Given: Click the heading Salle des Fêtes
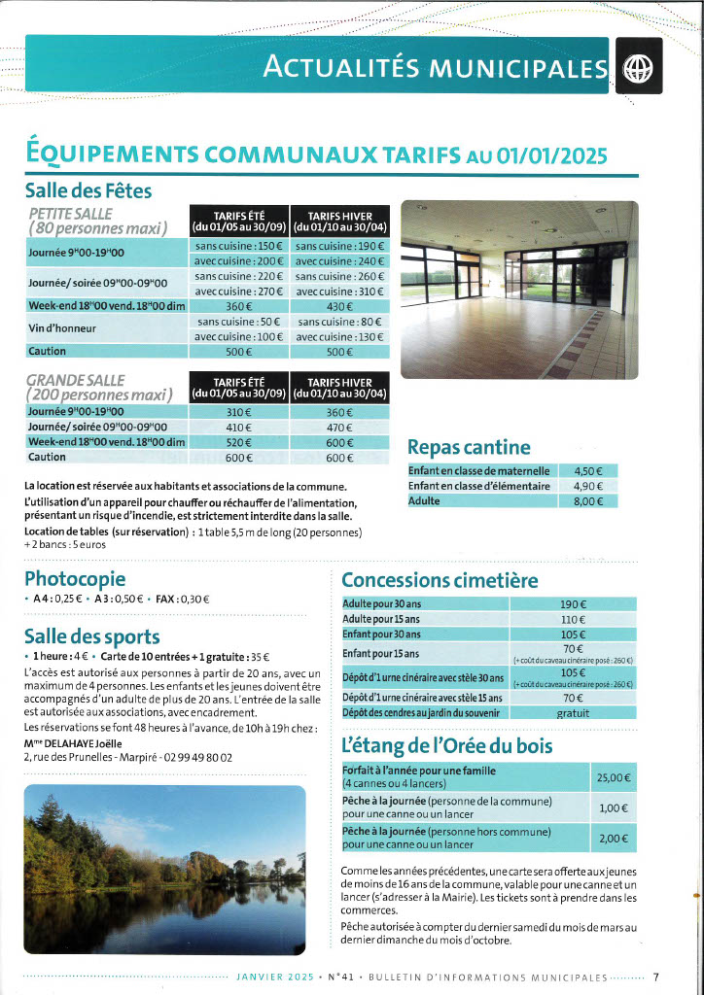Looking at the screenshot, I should pos(88,190).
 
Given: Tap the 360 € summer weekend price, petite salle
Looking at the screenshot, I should pos(239,306).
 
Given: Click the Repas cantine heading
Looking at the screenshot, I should pos(469,447).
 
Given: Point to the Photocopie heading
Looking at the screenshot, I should pos(75,578).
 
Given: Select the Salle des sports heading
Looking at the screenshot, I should pos(91,636).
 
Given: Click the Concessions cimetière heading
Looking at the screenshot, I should pos(440,580).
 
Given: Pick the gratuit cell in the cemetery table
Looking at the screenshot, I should pos(573,713).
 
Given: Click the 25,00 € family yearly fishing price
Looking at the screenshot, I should pos(614,777).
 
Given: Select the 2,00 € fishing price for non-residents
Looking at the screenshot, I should pos(614,839).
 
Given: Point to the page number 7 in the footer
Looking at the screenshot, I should pos(656,978).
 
